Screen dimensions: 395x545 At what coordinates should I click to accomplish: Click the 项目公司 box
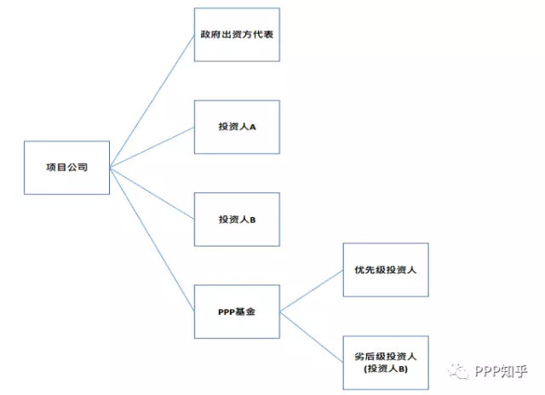point(66,167)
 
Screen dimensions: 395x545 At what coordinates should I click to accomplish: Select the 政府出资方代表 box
point(236,35)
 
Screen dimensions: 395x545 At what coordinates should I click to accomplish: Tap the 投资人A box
point(236,128)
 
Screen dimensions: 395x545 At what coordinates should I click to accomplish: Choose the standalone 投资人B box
point(236,220)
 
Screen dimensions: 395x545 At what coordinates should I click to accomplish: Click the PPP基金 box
point(236,312)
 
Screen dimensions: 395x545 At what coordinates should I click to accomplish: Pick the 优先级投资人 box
point(385,270)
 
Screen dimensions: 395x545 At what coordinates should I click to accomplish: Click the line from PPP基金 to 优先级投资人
point(311,291)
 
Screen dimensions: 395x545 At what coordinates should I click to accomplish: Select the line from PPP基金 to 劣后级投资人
point(311,335)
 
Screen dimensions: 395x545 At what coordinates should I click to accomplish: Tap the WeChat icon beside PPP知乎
point(461,371)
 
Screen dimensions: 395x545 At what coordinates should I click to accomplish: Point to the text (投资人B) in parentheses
point(385,369)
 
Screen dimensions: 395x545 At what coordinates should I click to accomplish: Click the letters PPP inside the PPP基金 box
point(226,312)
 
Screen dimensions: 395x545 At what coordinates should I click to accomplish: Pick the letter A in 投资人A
point(252,128)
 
